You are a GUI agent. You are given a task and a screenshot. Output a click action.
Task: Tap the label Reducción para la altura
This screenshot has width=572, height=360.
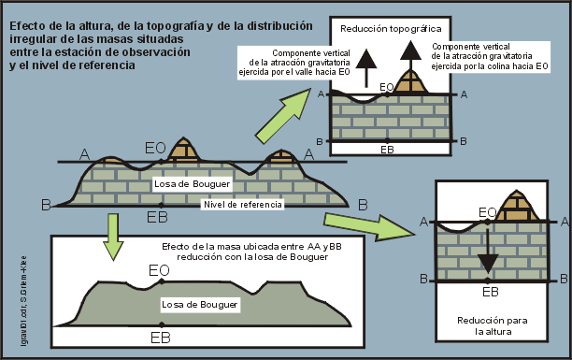pos(492,325)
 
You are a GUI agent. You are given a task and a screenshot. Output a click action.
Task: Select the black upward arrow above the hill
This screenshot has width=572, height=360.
pos(408,64)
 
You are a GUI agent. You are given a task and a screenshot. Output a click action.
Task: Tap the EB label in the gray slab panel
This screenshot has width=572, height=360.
pos(160,338)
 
